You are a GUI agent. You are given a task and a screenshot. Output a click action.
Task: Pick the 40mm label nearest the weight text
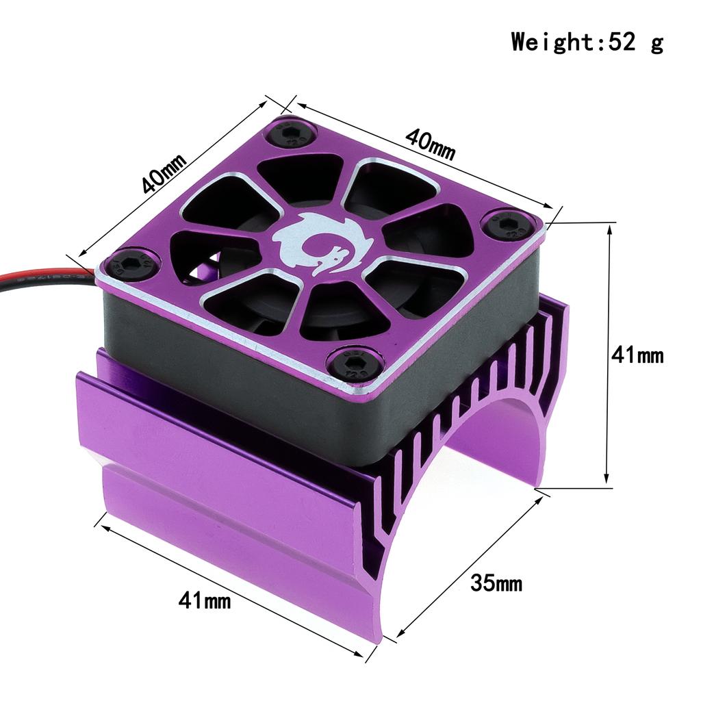430,144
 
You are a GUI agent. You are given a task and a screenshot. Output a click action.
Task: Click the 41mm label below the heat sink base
205,602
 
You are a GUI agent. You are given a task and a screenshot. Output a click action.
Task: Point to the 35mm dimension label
496,584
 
